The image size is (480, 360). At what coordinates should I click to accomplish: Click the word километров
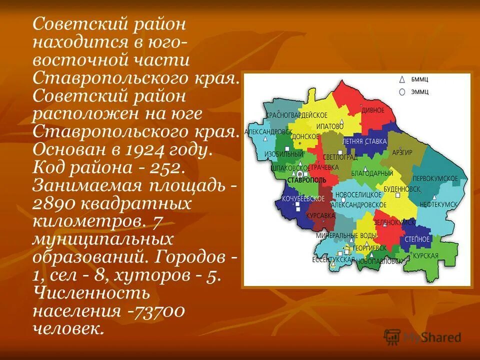(84, 221)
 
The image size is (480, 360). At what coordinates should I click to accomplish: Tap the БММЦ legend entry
(419, 80)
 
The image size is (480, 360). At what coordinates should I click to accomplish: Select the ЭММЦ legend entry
(419, 92)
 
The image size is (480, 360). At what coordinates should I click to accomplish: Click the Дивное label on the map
(373, 110)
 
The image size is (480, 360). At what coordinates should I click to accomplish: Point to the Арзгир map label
(402, 152)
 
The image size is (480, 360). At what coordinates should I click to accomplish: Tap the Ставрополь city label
(306, 179)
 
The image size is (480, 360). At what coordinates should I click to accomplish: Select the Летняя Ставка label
(364, 141)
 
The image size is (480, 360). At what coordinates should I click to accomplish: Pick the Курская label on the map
(425, 255)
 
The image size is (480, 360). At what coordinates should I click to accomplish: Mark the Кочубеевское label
(303, 198)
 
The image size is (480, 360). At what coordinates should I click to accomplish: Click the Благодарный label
(372, 173)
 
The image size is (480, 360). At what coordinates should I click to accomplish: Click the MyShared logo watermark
(422, 337)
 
